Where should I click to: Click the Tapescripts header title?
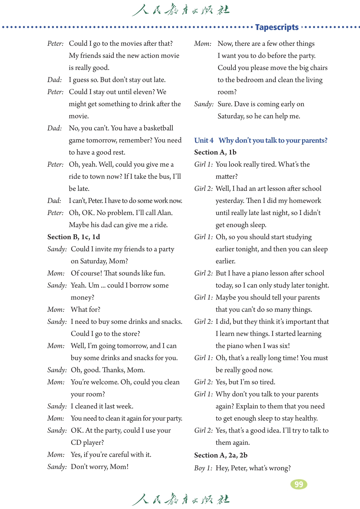tap(277, 27)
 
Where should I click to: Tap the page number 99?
tap(299, 484)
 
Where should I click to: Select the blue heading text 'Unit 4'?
tap(204, 140)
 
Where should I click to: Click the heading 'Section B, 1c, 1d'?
tap(73, 237)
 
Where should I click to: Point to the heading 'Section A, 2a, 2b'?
tap(221, 455)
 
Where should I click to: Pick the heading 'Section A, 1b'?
tap(215, 152)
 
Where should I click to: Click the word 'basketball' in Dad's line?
tap(158, 128)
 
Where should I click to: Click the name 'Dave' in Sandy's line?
tap(241, 104)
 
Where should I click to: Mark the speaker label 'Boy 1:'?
tap(203, 468)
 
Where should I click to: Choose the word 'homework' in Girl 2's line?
tap(305, 201)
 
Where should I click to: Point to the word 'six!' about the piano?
tap(283, 346)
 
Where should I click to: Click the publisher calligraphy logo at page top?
tap(180, 11)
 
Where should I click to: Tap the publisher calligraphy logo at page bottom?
tap(180, 499)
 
